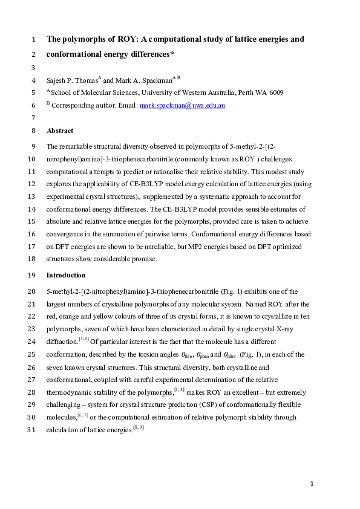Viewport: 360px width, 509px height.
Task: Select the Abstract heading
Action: [60, 131]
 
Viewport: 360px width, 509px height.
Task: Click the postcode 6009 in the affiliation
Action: [276, 92]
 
